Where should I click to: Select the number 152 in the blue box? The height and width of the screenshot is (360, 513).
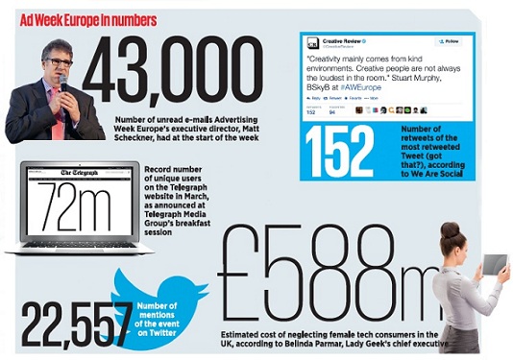tap(337, 153)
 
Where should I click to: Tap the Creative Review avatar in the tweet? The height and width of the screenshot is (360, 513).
tap(312, 43)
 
